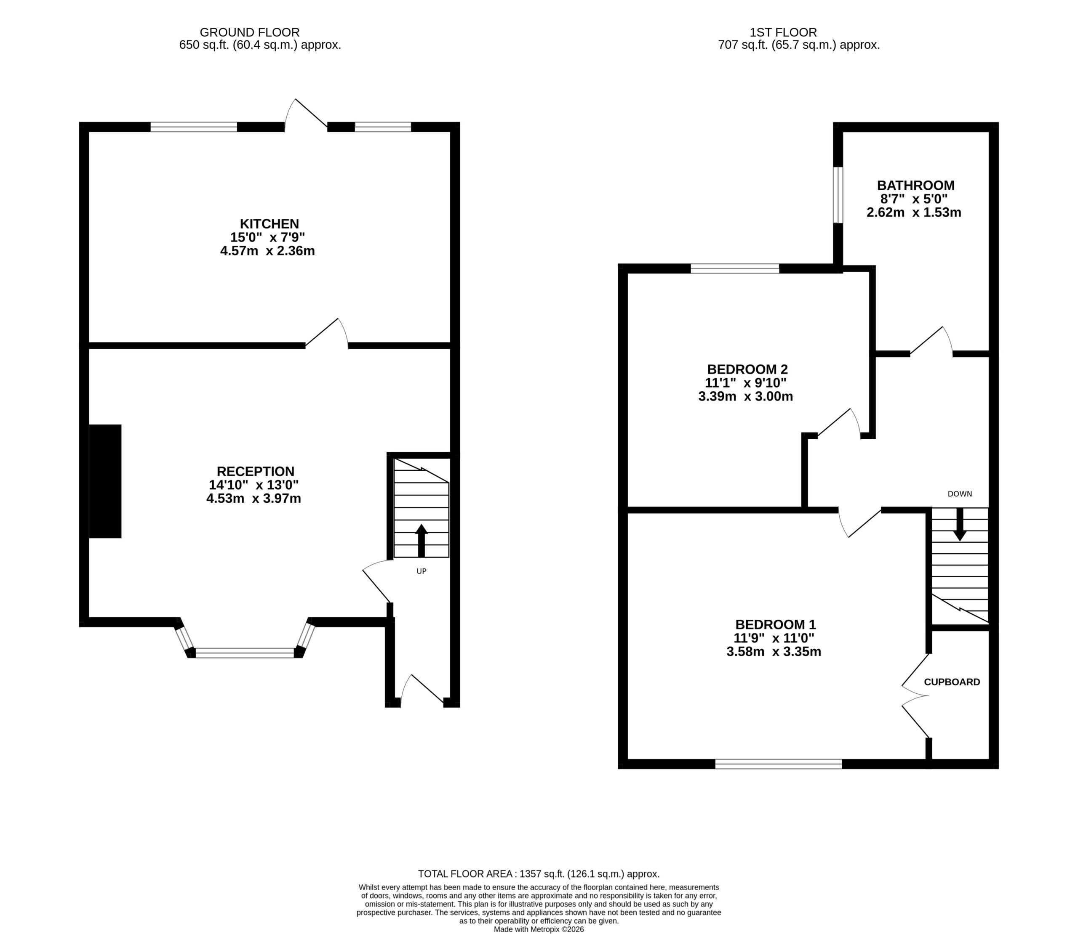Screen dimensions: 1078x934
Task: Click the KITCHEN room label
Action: click(x=269, y=223)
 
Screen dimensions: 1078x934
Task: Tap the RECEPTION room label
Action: click(x=256, y=471)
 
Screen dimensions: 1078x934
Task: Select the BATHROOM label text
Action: click(x=916, y=185)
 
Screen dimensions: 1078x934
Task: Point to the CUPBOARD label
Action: click(x=952, y=682)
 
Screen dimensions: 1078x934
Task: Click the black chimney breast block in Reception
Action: click(x=105, y=481)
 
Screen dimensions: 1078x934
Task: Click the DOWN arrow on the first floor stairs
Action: click(x=960, y=524)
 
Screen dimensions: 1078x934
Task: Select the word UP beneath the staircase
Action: click(x=422, y=571)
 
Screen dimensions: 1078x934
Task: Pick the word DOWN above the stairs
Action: click(x=960, y=494)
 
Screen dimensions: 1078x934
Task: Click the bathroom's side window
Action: click(x=838, y=195)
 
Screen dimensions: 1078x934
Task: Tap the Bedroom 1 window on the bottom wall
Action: click(x=778, y=764)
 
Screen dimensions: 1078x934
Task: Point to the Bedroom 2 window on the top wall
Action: click(x=735, y=268)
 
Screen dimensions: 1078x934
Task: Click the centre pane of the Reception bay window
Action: click(x=245, y=653)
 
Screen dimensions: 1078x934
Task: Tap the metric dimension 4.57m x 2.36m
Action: click(x=267, y=251)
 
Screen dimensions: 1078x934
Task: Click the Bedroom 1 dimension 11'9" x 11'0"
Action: click(x=774, y=638)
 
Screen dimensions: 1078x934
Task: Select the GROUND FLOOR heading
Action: click(x=250, y=32)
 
